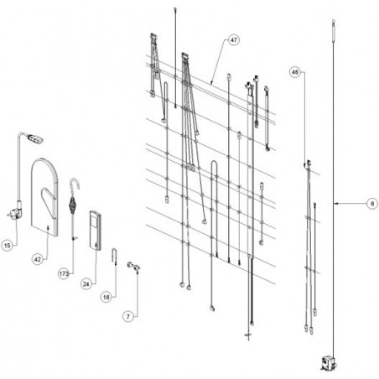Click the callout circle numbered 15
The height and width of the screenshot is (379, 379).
(8, 246)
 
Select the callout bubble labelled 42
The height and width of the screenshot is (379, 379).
(38, 259)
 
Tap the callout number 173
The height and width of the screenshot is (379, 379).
(64, 274)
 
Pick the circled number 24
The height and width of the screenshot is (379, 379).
(86, 284)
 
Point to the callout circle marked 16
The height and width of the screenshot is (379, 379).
(106, 297)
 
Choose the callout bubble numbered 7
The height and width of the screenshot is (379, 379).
(128, 316)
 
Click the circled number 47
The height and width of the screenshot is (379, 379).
(234, 40)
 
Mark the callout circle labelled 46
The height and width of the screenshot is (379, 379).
(295, 72)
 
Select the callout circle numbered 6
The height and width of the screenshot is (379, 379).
(372, 204)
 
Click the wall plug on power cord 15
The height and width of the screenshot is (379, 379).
(14, 214)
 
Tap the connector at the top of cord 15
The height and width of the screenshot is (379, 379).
(34, 138)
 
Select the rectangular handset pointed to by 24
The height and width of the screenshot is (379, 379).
(95, 231)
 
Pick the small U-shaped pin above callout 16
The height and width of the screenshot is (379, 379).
(114, 255)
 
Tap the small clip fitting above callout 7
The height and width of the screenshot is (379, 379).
(133, 267)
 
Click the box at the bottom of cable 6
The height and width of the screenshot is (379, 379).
(329, 363)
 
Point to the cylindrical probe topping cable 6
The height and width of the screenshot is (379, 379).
(333, 31)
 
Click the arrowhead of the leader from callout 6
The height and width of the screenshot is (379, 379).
(335, 204)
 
